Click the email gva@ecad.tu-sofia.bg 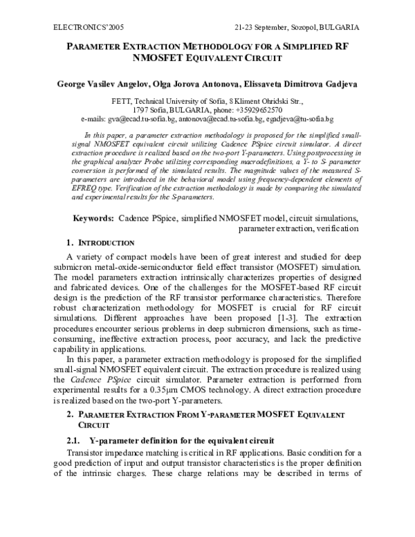142,119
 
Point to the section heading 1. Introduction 100,243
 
